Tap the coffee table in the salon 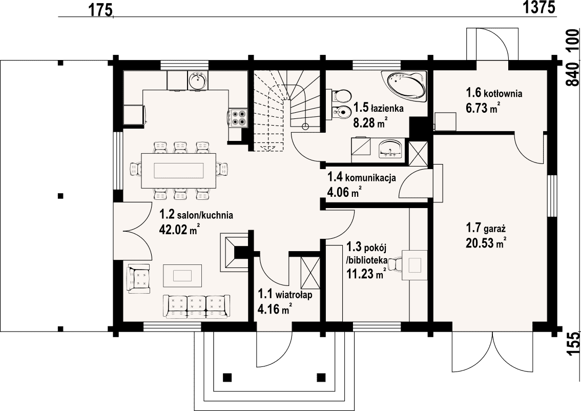point(183,275)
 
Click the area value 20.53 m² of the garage point(485,243)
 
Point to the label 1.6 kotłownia point(494,92)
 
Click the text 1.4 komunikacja point(361,177)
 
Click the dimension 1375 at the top point(538,7)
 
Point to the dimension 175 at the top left point(100,11)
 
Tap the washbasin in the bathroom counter point(390,148)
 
